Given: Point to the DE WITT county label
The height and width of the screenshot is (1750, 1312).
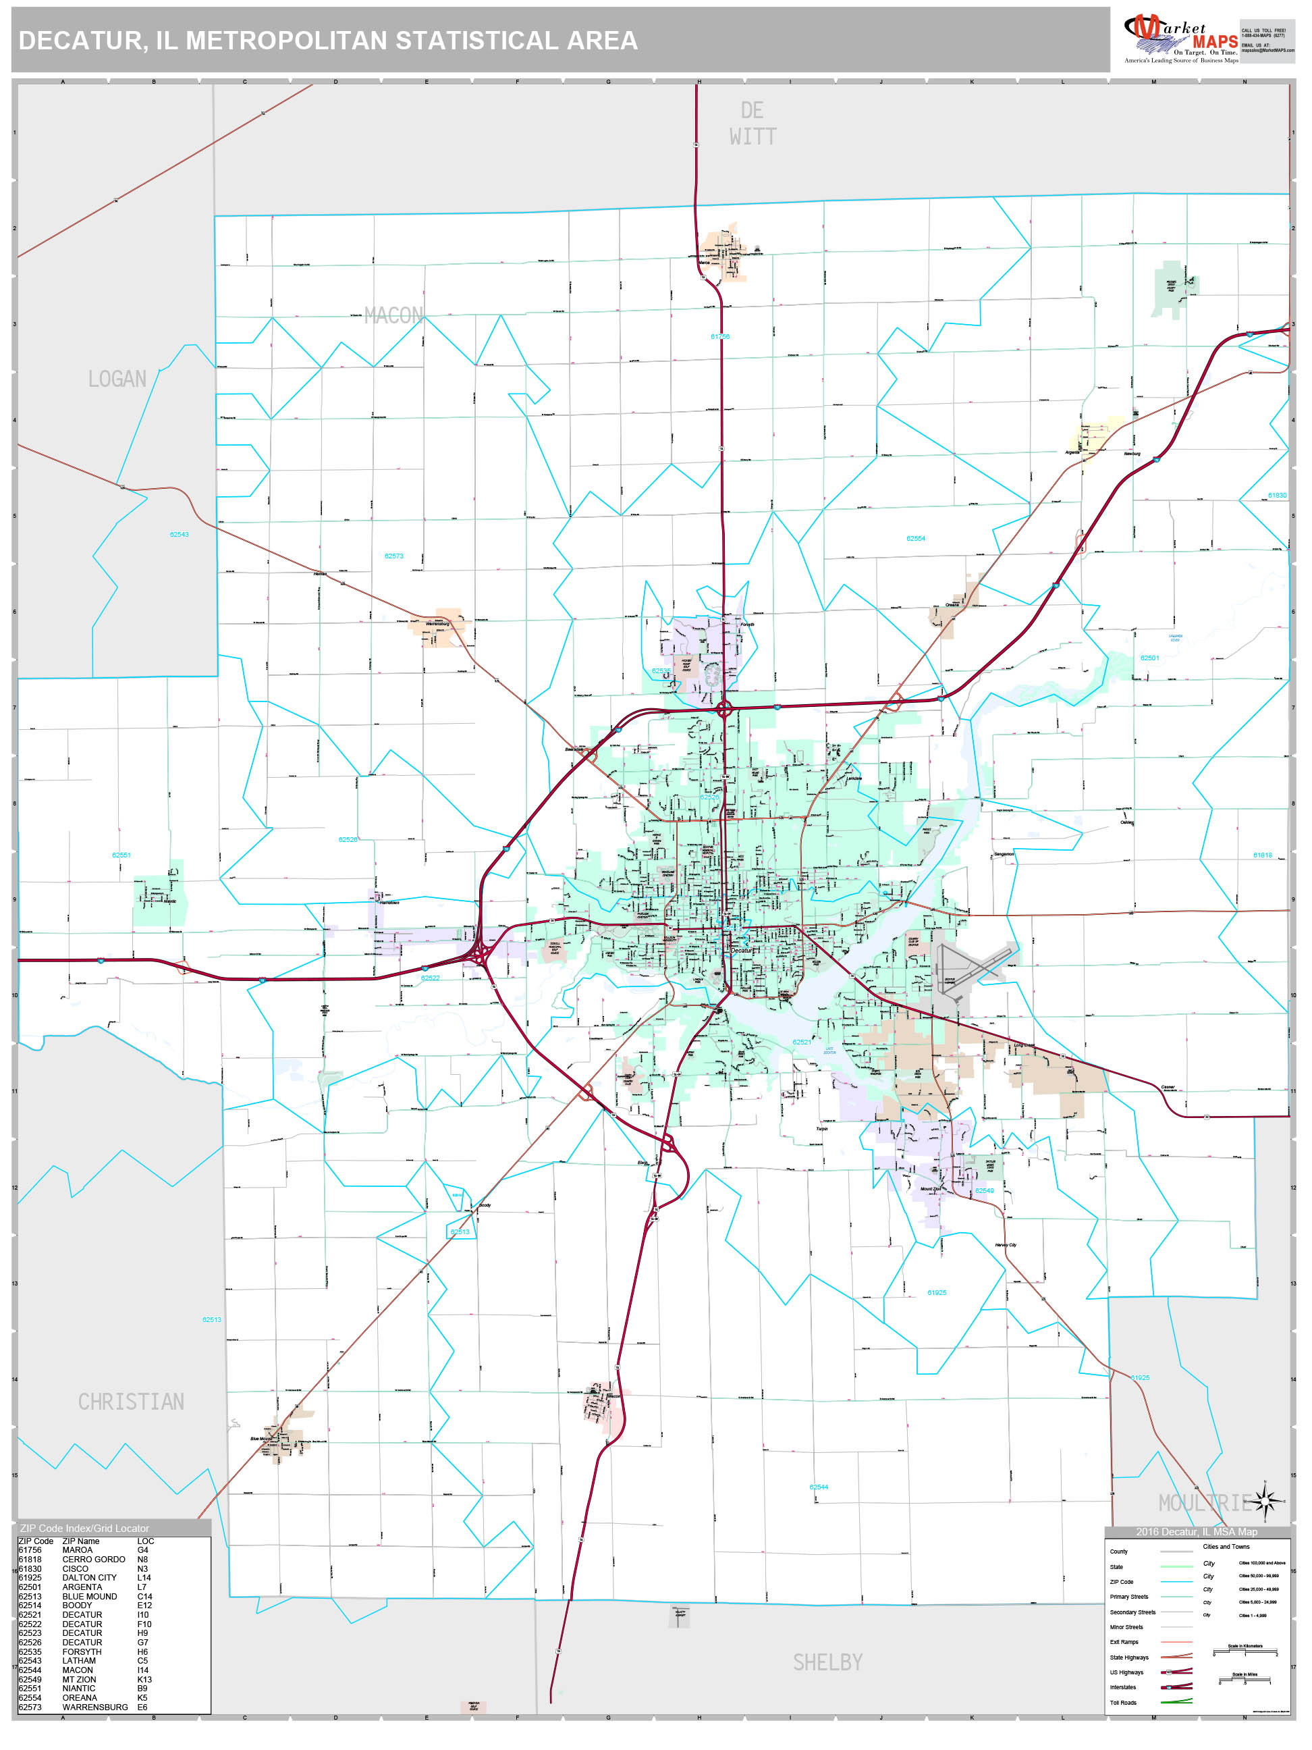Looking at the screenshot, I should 752,124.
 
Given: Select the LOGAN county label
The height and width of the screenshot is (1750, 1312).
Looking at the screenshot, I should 117,379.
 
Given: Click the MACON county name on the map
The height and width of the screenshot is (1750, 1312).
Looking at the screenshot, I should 393,317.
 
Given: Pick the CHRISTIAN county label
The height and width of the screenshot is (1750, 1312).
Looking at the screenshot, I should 132,1402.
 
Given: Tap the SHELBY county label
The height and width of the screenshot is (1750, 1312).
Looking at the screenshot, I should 827,1663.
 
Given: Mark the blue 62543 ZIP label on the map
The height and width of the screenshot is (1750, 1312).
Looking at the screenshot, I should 179,535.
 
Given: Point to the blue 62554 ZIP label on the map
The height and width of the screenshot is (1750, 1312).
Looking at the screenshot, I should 916,539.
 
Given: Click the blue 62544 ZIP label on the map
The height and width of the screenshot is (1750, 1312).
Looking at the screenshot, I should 819,1487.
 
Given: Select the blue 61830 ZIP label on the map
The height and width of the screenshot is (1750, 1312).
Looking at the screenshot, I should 1277,496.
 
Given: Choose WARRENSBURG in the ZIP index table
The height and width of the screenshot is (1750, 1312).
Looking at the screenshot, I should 95,1707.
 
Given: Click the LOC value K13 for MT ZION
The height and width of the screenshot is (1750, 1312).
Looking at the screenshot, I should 144,1680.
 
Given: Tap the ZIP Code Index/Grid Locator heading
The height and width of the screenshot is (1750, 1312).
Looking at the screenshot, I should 84,1529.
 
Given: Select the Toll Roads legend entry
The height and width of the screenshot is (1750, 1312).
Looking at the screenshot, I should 1123,1703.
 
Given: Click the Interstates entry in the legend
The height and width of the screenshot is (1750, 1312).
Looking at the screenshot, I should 1123,1687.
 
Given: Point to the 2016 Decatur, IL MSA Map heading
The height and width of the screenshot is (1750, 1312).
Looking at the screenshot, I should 1197,1533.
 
